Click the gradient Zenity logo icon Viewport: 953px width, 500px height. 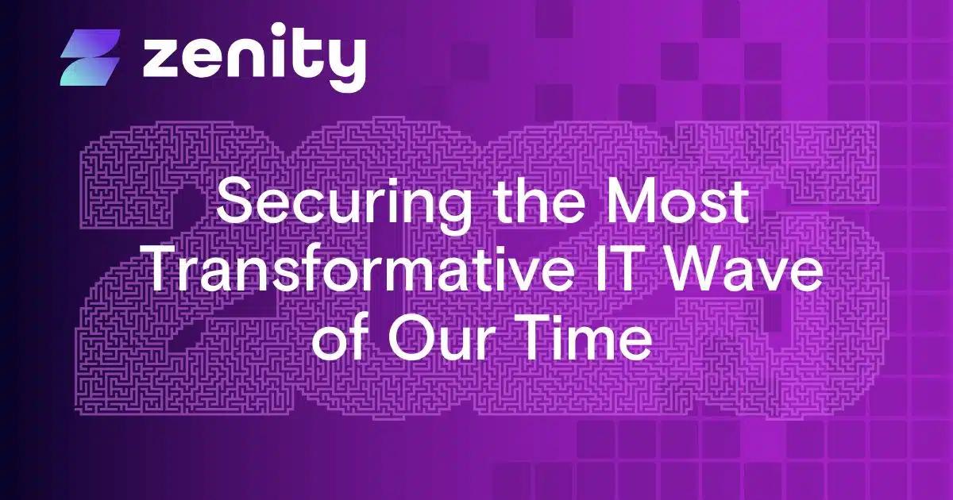coord(90,57)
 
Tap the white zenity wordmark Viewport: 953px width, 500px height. coord(254,57)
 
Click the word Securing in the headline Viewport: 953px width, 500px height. coord(318,206)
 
